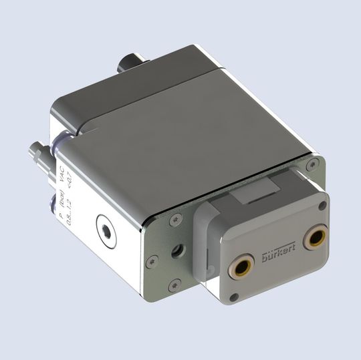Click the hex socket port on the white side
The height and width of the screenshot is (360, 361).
coord(106,228)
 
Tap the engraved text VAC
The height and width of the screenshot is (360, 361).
coord(62,177)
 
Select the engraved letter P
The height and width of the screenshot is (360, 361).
coord(60,215)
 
